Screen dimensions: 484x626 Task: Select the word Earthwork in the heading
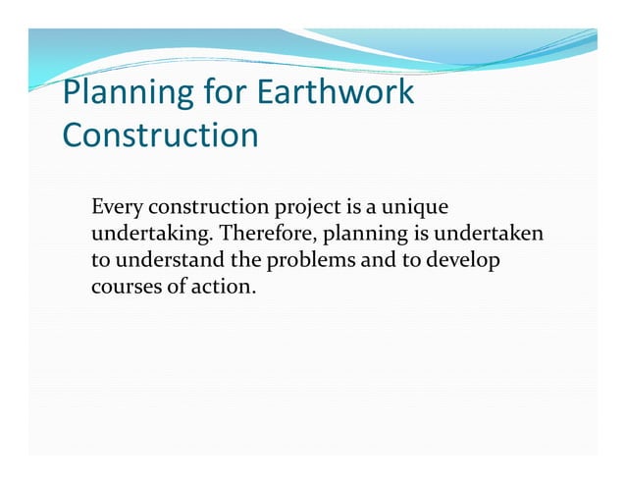pyautogui.click(x=335, y=95)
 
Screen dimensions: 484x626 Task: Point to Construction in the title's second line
pyautogui.click(x=160, y=135)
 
